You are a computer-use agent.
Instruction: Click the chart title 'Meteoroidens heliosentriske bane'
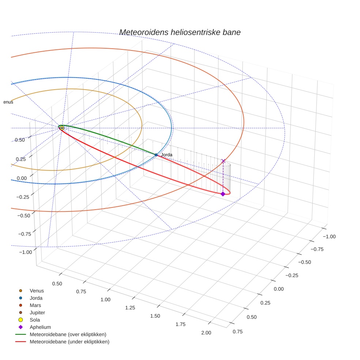180,32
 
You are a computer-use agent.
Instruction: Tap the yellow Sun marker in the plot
62,128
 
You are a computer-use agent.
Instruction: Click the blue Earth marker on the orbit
156,155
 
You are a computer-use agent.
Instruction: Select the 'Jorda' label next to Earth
166,155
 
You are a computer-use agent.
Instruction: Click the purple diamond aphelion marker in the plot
223,194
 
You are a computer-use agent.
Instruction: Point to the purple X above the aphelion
223,161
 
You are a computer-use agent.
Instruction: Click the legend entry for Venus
37,290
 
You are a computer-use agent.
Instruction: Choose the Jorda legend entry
36,298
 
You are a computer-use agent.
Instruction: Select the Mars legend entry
35,305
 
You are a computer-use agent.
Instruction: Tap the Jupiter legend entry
37,312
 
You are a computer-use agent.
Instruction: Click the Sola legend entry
35,320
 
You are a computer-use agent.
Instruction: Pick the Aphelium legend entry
40,327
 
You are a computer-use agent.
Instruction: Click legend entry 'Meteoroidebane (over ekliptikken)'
68,334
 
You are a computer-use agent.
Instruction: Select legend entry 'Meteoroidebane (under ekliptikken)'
69,342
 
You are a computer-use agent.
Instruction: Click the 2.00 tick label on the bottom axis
206,333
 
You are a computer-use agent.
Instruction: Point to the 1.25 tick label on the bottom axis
130,308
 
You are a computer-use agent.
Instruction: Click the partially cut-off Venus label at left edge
8,102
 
